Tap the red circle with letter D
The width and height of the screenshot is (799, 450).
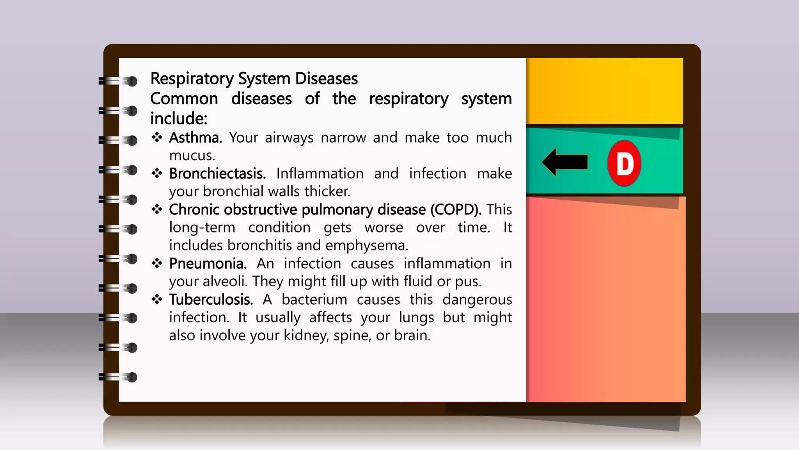(x=624, y=163)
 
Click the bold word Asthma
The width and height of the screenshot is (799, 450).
(x=195, y=137)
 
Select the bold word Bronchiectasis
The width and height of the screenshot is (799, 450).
(x=217, y=173)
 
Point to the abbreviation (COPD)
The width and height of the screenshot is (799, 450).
(x=456, y=210)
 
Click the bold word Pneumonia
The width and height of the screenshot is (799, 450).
(x=208, y=264)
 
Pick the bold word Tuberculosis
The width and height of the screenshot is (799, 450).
(x=211, y=300)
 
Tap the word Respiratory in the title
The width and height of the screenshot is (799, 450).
(x=192, y=79)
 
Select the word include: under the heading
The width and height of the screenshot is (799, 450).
(x=179, y=118)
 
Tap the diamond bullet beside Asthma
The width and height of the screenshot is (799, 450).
(x=157, y=137)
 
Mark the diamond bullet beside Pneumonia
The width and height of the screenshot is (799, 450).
(x=157, y=263)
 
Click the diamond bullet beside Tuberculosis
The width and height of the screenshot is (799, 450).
(x=157, y=299)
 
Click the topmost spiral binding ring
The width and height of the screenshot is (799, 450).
(x=118, y=81)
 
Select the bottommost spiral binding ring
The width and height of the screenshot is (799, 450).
(x=118, y=377)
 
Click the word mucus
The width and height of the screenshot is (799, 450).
(x=192, y=155)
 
